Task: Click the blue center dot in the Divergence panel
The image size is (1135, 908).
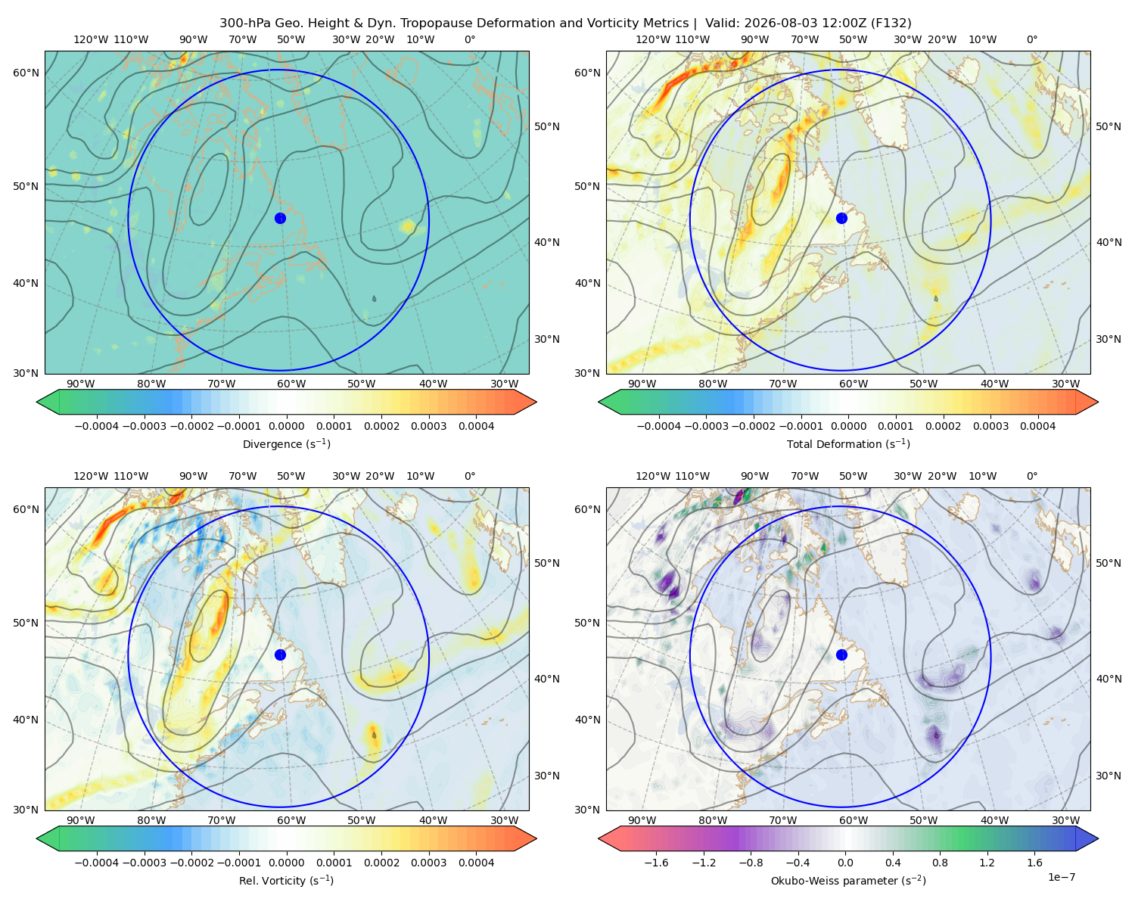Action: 280,218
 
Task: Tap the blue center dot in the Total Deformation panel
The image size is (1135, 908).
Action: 841,218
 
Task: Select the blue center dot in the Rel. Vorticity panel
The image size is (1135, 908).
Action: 280,655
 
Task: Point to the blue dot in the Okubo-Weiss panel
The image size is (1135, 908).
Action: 841,655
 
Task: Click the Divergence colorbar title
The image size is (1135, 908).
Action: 286,443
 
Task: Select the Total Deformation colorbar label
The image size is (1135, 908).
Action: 848,443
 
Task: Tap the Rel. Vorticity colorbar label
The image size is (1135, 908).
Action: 286,880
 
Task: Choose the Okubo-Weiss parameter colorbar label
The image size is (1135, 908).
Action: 848,880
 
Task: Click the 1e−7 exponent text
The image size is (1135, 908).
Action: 1061,877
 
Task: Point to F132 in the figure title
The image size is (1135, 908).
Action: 891,23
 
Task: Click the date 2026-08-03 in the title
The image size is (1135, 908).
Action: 778,23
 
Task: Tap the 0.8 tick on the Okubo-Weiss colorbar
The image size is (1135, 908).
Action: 940,863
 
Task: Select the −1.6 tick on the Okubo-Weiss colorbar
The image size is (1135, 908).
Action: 656,863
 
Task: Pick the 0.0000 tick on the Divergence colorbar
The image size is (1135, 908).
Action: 286,426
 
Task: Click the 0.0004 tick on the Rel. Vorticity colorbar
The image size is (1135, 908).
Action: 476,863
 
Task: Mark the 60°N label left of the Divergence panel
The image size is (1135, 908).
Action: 26,73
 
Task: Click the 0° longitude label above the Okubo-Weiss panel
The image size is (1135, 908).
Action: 1031,476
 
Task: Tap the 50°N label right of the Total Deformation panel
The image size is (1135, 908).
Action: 1109,126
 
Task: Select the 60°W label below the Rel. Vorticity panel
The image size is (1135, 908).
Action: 291,820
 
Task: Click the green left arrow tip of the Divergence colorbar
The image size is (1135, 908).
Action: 37,402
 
